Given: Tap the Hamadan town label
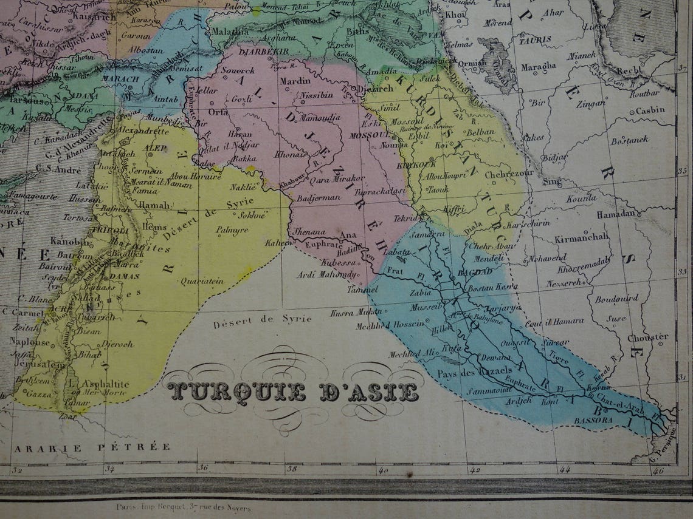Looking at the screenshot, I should tap(619, 214).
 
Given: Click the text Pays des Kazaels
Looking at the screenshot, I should tap(466, 372).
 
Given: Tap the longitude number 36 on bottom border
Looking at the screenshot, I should tap(203, 468).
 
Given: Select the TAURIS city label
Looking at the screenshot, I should tap(535, 39).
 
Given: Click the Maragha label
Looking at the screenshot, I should tap(538, 66).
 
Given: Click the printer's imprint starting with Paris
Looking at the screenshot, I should tap(182, 505).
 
